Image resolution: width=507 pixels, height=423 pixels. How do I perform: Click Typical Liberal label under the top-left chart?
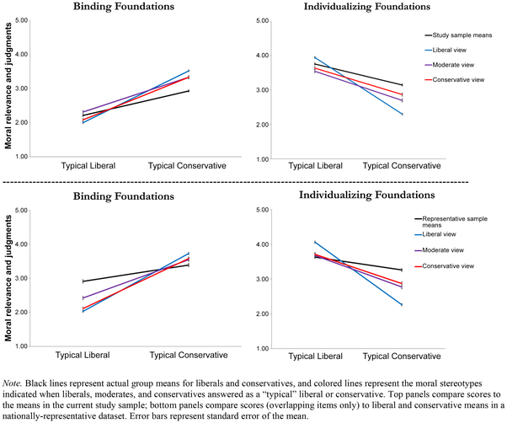pyautogui.click(x=88, y=165)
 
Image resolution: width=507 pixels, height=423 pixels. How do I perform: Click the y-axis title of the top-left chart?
pyautogui.click(x=8, y=88)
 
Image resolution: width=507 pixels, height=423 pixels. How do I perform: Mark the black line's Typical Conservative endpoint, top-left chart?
pyautogui.click(x=188, y=90)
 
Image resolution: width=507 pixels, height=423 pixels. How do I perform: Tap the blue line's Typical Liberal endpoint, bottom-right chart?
pyautogui.click(x=315, y=242)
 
